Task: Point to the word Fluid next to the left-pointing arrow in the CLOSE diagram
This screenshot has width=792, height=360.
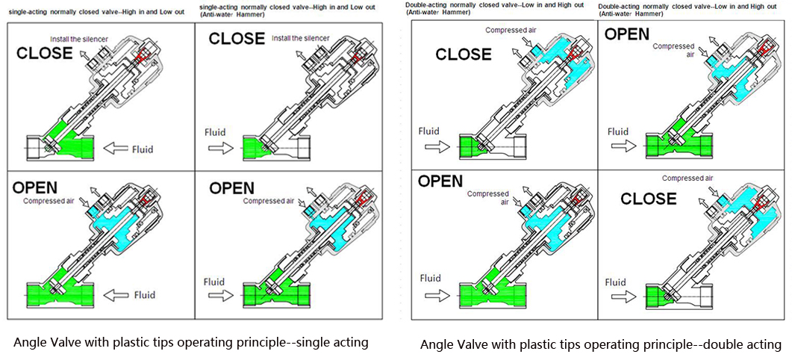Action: point(143,149)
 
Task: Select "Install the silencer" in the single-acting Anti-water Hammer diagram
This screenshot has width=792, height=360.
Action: point(301,38)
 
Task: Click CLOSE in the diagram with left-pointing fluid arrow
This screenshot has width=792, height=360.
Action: point(45,54)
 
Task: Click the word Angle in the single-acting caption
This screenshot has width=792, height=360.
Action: point(31,342)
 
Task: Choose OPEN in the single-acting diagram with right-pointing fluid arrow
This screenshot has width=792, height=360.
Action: point(231,188)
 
